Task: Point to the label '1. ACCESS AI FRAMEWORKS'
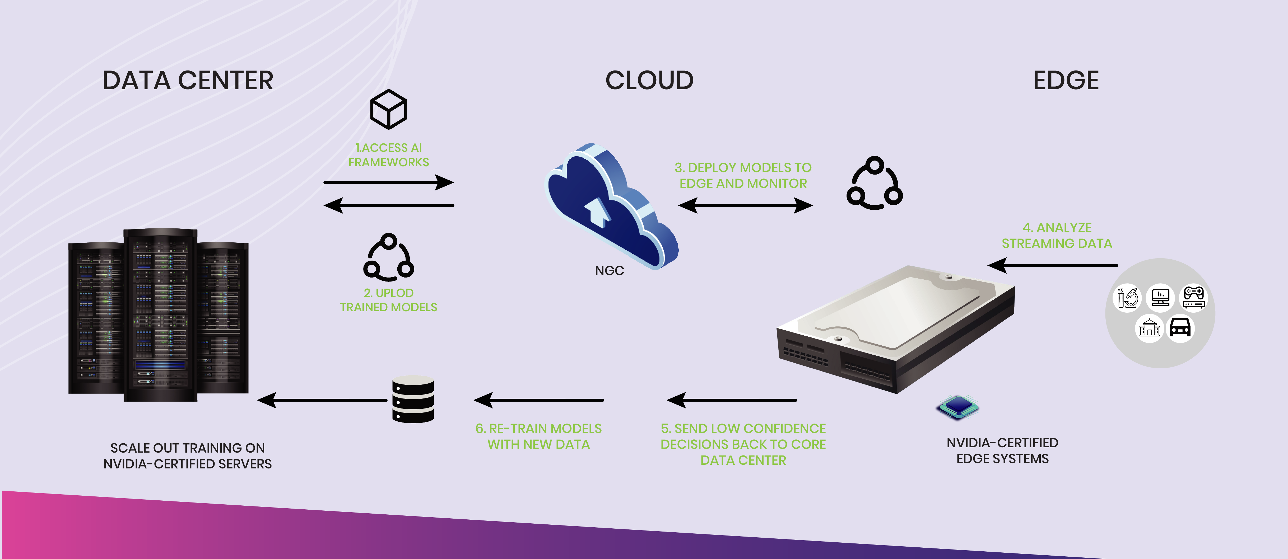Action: coord(388,155)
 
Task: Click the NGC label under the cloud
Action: coord(609,271)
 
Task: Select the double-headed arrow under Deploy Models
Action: coord(745,205)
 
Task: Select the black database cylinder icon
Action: coord(413,400)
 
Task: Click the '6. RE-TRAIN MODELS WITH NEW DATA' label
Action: coord(538,436)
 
